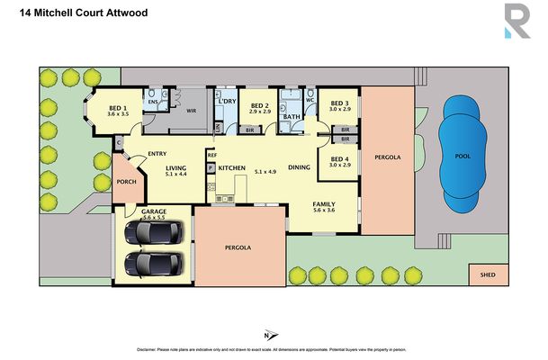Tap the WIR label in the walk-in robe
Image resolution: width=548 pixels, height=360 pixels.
click(191, 112)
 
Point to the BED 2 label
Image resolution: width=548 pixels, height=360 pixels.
click(260, 106)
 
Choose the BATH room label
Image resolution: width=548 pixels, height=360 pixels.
click(291, 116)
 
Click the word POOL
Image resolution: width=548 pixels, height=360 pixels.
click(463, 156)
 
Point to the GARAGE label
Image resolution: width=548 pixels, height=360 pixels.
click(154, 211)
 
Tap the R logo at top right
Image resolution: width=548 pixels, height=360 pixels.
click(517, 22)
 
